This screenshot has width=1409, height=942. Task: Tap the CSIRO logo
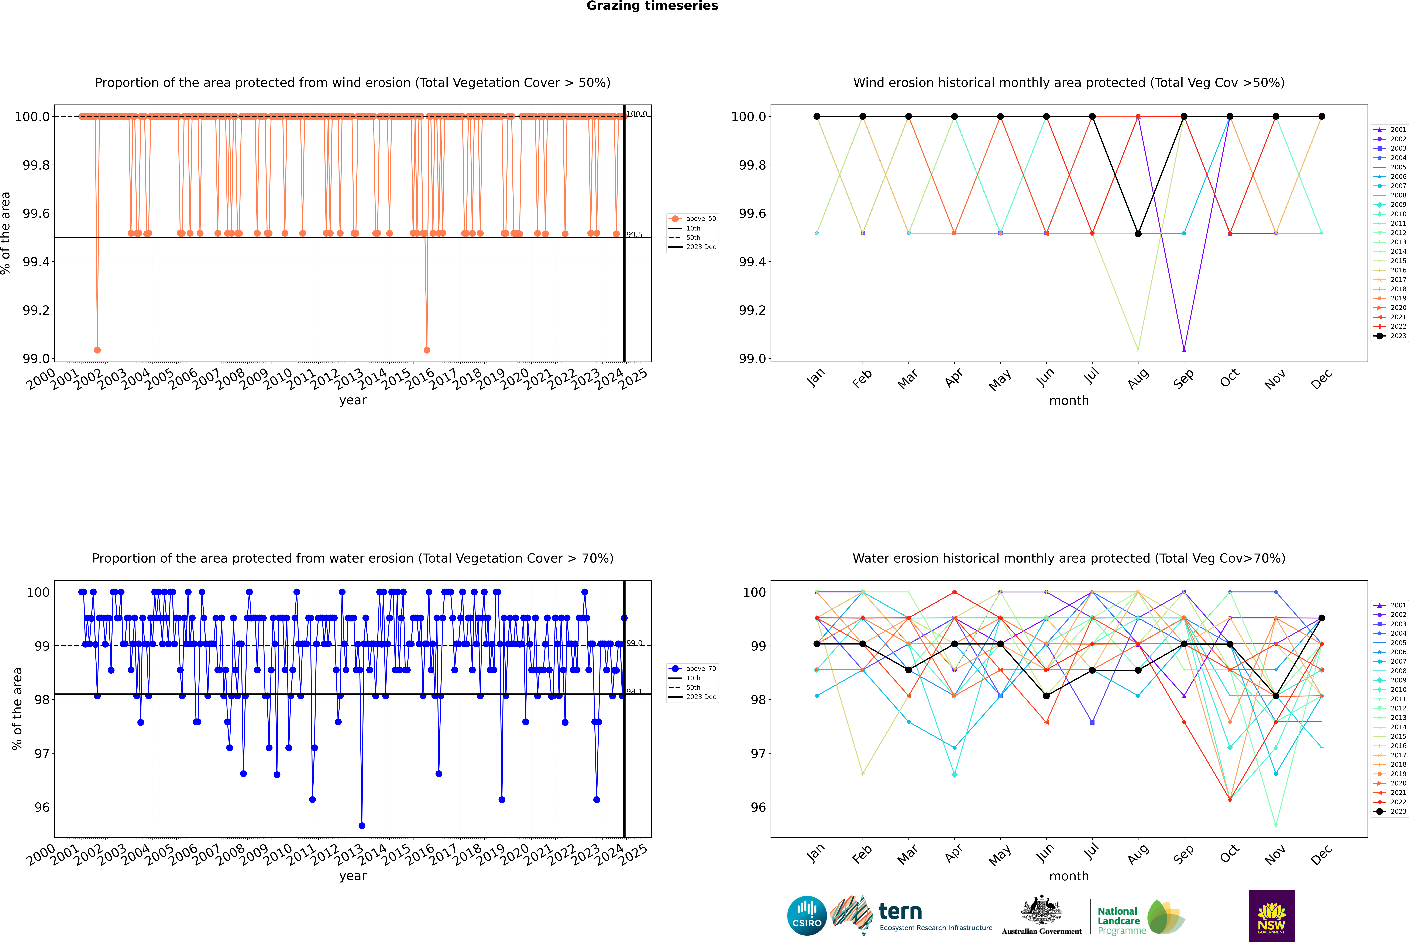[x=807, y=916]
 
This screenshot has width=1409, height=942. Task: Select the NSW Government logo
[x=1271, y=916]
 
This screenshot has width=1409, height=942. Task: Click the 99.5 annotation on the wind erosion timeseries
[x=634, y=235]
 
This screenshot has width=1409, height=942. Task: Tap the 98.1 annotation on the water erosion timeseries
[x=634, y=692]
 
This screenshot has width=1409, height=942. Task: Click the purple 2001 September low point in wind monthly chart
[x=1184, y=350]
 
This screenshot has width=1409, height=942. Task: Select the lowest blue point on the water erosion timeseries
[x=362, y=825]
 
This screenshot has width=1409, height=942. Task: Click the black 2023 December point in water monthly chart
[x=1321, y=618]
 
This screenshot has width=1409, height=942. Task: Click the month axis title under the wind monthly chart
[x=1068, y=401]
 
